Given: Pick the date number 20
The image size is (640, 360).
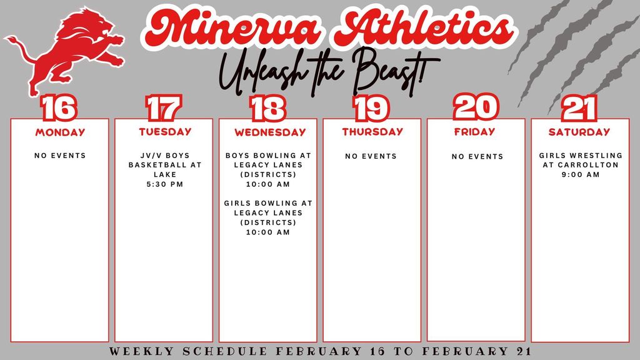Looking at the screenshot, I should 476,107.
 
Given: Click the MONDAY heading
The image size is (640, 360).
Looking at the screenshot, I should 60,132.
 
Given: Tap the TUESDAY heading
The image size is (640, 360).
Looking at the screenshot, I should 165,132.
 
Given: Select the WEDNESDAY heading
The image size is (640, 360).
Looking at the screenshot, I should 270,132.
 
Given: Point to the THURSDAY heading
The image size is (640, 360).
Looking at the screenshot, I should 372,132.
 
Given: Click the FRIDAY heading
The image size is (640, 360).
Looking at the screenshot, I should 474,132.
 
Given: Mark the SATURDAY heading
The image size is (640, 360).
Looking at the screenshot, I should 579,132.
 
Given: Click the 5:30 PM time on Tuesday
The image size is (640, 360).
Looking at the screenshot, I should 165,185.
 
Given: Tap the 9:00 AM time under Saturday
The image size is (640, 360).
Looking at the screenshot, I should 581,175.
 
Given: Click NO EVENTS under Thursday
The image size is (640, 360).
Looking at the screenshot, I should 371,156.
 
